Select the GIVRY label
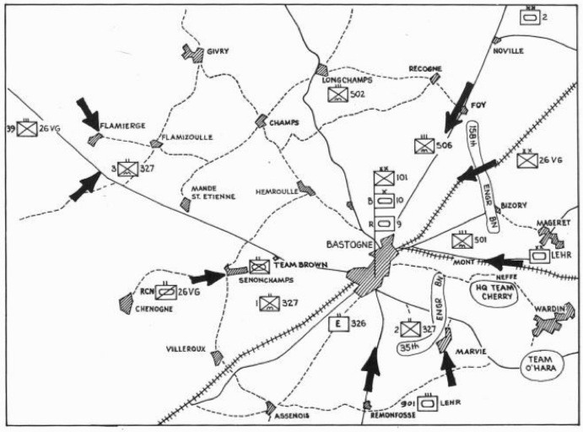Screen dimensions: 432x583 click(x=219, y=51)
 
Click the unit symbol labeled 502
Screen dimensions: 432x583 click(x=338, y=94)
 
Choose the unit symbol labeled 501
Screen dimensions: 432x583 click(x=461, y=241)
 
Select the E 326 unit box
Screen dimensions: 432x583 click(x=337, y=323)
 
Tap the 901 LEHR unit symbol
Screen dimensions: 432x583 click(x=428, y=403)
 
